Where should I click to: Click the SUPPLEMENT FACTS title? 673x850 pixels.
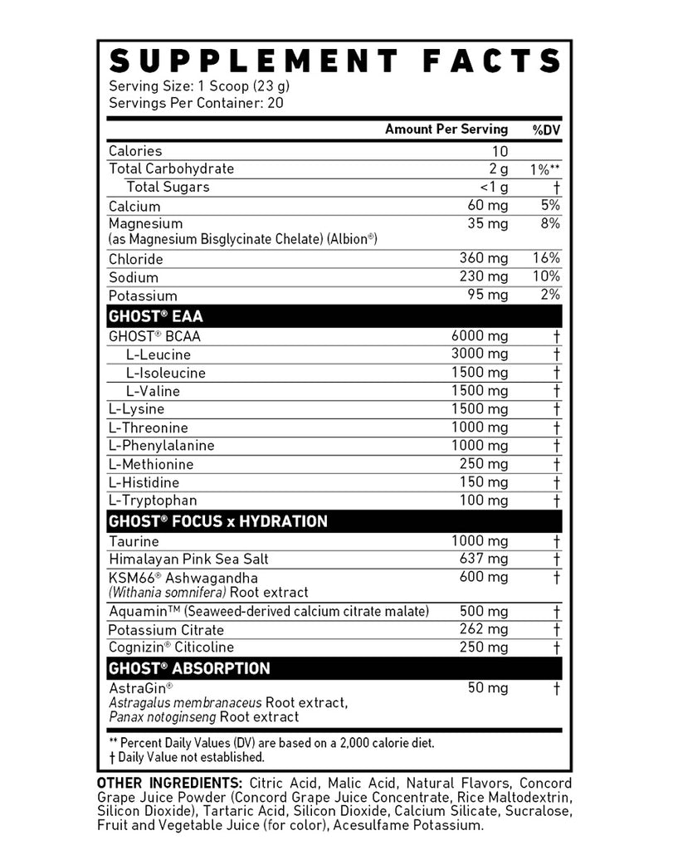click(335, 61)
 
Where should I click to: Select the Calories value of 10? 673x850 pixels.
click(500, 151)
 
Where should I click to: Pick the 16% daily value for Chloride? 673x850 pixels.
click(547, 259)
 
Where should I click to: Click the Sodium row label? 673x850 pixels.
click(133, 277)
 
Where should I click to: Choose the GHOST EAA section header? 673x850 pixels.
click(155, 316)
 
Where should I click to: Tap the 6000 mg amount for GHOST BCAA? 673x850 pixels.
click(480, 336)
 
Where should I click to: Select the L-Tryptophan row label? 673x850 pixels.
click(153, 500)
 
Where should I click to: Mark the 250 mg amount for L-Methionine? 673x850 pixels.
click(484, 464)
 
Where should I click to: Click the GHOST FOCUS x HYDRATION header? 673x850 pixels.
click(217, 521)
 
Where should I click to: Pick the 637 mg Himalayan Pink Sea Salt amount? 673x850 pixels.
click(484, 559)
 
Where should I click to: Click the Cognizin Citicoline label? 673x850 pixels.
click(171, 647)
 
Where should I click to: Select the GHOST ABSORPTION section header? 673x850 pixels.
click(189, 668)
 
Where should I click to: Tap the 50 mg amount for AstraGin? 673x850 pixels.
click(488, 688)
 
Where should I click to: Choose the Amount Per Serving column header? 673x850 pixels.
click(446, 129)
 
